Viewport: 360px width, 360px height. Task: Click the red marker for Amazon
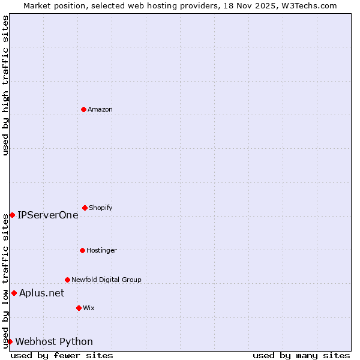[83, 109]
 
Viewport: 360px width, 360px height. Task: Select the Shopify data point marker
[85, 208]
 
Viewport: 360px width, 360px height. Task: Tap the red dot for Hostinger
[82, 250]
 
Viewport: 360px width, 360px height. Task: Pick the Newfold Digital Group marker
[67, 280]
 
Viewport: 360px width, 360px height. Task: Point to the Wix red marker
[79, 308]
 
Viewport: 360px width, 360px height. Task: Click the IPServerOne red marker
[12, 215]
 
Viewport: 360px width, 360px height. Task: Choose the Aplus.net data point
[14, 293]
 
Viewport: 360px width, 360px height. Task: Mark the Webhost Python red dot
[10, 341]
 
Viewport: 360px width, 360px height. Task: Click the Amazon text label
[100, 109]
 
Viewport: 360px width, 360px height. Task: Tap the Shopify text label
[101, 208]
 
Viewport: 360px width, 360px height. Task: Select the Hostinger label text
[101, 250]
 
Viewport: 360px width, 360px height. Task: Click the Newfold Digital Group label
[106, 280]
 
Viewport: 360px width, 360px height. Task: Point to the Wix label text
[89, 308]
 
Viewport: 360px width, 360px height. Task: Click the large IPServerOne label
[48, 215]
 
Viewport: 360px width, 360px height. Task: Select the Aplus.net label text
[42, 293]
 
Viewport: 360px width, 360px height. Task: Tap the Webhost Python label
[54, 341]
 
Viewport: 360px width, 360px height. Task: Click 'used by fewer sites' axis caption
[62, 355]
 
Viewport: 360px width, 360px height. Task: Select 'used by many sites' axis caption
[301, 355]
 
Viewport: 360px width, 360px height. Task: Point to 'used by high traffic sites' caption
[5, 85]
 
